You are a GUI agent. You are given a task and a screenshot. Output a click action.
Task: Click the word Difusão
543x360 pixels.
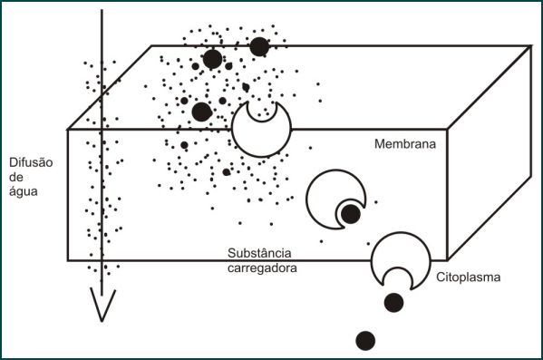[31, 163]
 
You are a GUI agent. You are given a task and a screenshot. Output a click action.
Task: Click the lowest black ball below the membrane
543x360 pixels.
[365, 340]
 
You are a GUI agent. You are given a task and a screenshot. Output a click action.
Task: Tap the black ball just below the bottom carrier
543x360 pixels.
[393, 303]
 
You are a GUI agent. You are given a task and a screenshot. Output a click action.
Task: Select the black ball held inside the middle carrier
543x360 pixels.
[350, 215]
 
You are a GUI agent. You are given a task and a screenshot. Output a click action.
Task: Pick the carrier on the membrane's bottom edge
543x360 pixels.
[398, 259]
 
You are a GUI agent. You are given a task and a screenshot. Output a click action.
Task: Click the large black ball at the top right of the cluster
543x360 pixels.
[259, 46]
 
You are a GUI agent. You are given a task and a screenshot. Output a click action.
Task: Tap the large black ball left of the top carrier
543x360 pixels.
[202, 112]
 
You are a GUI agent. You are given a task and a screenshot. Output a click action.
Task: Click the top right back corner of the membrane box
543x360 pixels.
[529, 46]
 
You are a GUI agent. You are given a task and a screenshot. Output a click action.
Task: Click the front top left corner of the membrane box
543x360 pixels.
[68, 128]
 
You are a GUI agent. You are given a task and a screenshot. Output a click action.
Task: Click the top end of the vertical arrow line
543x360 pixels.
[102, 11]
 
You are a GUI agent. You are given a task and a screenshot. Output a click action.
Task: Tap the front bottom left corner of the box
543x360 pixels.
[68, 260]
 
